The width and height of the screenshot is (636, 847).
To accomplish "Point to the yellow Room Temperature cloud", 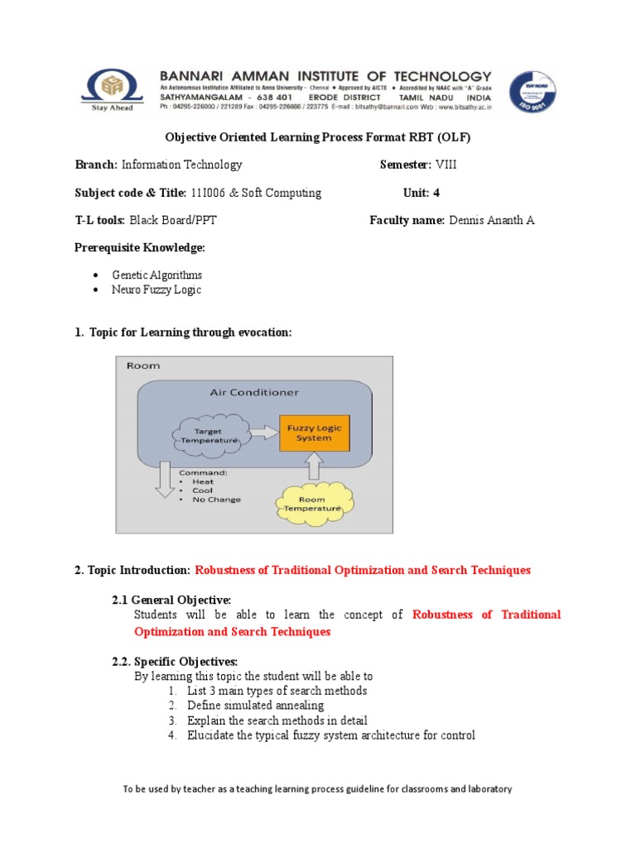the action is click(312, 504).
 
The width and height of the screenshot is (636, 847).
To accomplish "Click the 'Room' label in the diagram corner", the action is click(142, 365).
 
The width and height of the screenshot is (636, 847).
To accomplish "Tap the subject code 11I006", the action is click(209, 193).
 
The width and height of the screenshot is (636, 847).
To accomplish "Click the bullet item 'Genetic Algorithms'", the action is click(157, 275).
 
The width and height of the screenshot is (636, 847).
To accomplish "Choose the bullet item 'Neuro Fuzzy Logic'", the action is click(157, 290).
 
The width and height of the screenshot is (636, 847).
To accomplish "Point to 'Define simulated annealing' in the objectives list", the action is click(255, 706).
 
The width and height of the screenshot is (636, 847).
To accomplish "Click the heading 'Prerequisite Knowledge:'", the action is click(140, 248).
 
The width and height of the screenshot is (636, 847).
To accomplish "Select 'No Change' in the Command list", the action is click(216, 500).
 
